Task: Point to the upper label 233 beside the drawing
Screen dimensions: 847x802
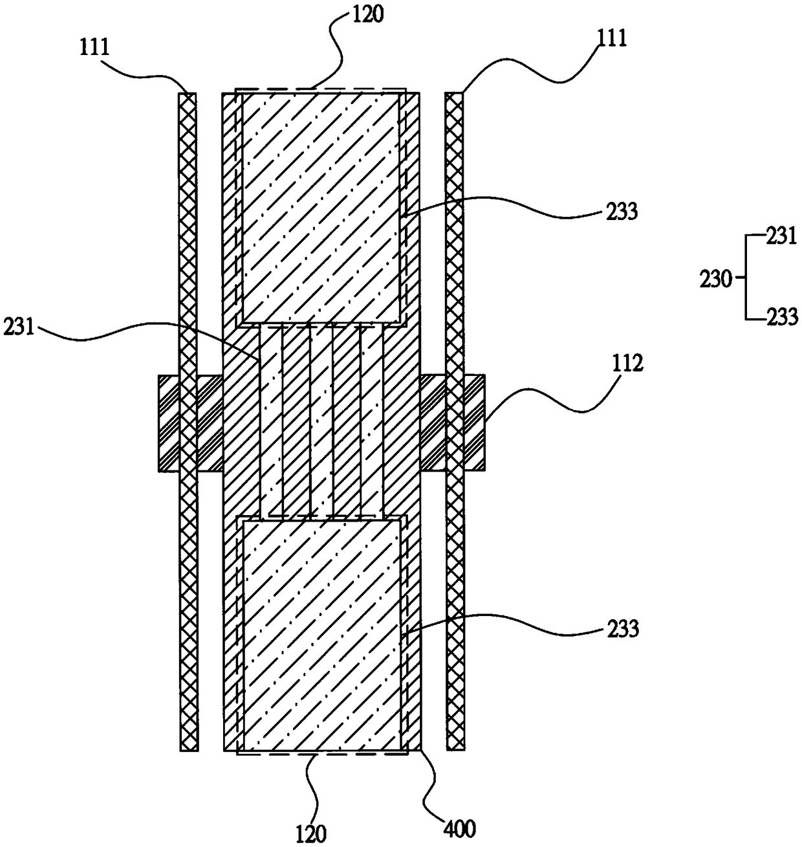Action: (623, 211)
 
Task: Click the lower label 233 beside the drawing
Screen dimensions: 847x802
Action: (623, 628)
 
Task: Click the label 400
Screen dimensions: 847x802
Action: (460, 826)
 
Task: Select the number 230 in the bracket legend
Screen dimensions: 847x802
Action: (715, 280)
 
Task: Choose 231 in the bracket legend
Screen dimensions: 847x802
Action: (781, 236)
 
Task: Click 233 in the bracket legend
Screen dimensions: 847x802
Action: (781, 317)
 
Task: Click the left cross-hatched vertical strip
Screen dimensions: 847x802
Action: (188, 259)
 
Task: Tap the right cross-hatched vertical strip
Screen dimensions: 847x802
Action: (455, 259)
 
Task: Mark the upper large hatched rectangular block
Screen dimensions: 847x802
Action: (321, 207)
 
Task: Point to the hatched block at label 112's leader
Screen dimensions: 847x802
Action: (474, 423)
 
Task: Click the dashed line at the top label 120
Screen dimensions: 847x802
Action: (321, 89)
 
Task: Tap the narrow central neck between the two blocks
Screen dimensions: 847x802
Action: (321, 421)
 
